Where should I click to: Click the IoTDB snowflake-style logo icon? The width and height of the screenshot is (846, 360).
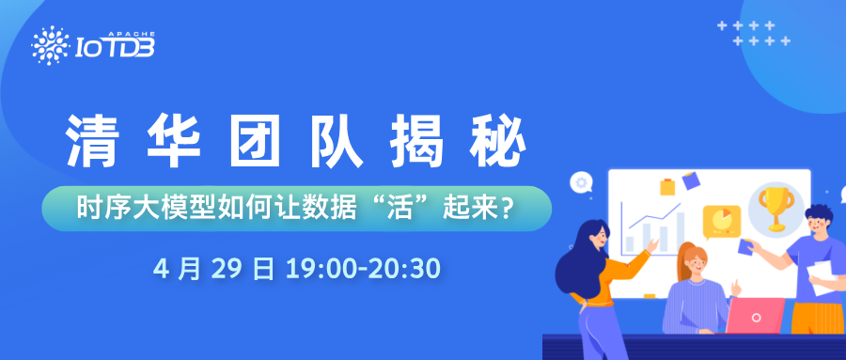[50, 45]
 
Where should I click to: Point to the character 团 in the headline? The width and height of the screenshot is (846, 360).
[255, 142]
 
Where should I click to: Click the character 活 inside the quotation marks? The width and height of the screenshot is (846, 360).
[406, 209]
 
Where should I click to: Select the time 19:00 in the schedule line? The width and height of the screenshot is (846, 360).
[321, 268]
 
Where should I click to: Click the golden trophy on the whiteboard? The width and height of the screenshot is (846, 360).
[776, 208]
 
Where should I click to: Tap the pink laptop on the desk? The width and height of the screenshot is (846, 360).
[755, 316]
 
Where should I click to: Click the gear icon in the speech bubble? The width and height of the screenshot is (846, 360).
[581, 183]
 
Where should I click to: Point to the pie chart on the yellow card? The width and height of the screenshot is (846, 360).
[722, 220]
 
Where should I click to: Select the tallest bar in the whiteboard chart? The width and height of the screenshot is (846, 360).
[680, 232]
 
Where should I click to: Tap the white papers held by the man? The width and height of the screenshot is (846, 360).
[822, 277]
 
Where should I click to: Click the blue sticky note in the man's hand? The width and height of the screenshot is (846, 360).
[745, 246]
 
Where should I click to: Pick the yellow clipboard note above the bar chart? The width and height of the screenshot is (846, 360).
[667, 187]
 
